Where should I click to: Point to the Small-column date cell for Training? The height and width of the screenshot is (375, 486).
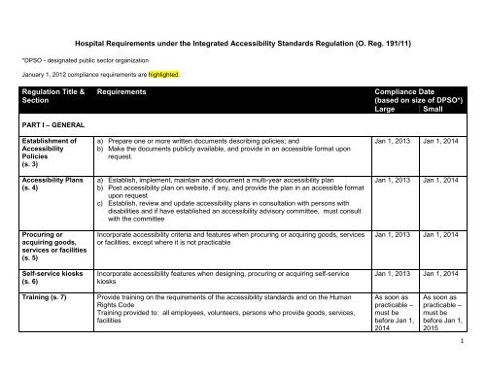point(450,342)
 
